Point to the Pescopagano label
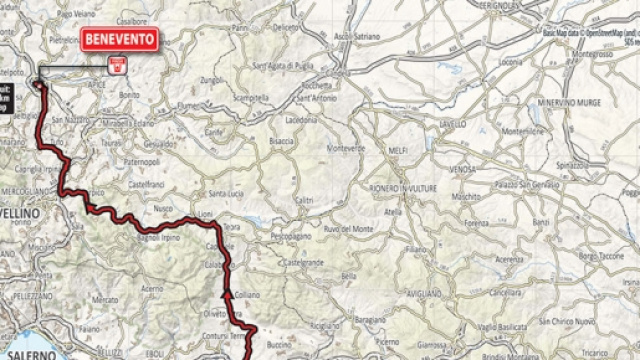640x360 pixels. [292, 236]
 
